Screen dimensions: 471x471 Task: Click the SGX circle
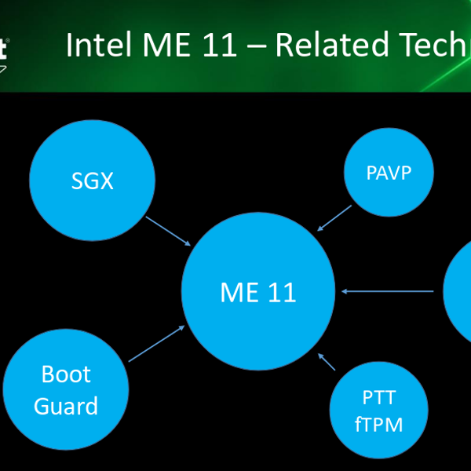92,181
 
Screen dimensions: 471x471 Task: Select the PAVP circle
389,172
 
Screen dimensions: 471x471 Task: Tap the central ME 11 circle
258,291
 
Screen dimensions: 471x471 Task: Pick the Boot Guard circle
66,389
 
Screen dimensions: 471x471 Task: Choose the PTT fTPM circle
379,410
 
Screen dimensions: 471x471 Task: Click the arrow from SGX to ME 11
168,231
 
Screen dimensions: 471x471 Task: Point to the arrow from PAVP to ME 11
334,218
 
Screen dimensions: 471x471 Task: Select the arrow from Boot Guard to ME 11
156,344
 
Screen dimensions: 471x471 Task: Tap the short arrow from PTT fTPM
327,362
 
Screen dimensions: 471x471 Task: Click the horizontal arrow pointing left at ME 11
388,291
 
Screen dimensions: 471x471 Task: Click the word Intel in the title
99,45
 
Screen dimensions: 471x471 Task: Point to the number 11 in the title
220,45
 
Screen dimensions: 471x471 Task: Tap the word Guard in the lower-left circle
66,406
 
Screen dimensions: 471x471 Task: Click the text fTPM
378,424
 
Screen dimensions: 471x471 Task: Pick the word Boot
66,374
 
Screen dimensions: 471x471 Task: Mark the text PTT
379,397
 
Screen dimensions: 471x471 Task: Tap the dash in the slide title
256,46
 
